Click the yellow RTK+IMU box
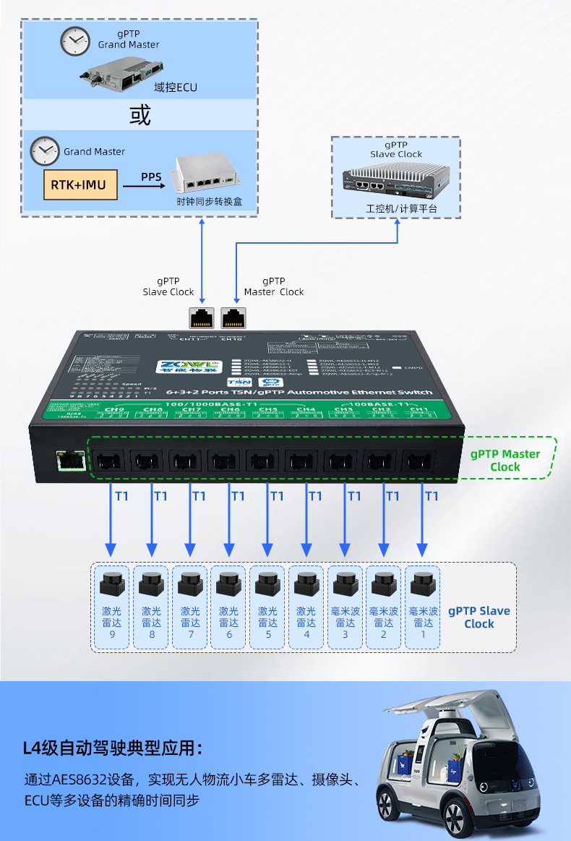[x=78, y=185]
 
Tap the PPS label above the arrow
[x=151, y=176]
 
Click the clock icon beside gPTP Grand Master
[x=74, y=42]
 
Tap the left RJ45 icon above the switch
[x=201, y=316]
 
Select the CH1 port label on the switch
[x=418, y=410]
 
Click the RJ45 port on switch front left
[x=69, y=461]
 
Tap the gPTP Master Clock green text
[x=505, y=461]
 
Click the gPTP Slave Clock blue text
[x=478, y=617]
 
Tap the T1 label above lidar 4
[x=315, y=496]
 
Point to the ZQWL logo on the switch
[x=190, y=367]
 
